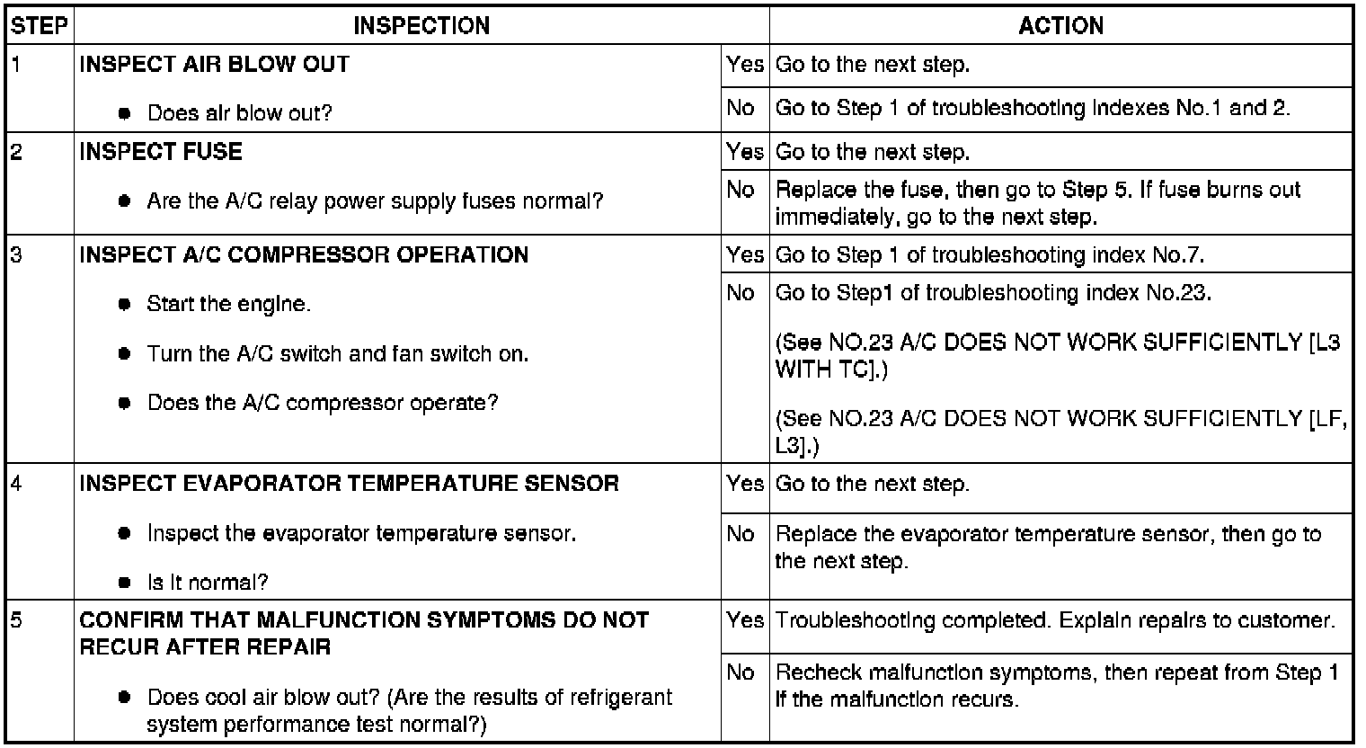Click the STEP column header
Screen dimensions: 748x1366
pyautogui.click(x=40, y=25)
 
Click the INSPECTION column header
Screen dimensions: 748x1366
pyautogui.click(x=421, y=25)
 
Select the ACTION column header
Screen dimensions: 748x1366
pyautogui.click(x=1060, y=25)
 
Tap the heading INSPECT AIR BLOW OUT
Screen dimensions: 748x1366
pyautogui.click(x=215, y=65)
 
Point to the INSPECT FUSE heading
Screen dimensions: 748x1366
pyautogui.click(x=161, y=151)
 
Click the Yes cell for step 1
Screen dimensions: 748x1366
pyautogui.click(x=745, y=65)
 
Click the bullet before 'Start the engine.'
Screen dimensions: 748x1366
pyautogui.click(x=125, y=305)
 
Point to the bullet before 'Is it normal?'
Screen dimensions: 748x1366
pyautogui.click(x=125, y=583)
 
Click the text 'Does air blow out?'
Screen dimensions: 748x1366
pyautogui.click(x=240, y=113)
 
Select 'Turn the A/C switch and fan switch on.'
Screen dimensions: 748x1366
pyautogui.click(x=338, y=354)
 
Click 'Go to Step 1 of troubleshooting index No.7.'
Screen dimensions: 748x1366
pyautogui.click(x=989, y=254)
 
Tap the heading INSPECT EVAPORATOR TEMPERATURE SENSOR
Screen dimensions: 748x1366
pyautogui.click(x=349, y=483)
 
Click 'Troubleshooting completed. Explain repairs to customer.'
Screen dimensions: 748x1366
pyautogui.click(x=1054, y=620)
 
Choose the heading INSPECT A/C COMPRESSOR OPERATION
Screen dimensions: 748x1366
pyautogui.click(x=304, y=254)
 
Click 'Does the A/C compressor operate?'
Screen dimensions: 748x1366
pyautogui.click(x=323, y=403)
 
